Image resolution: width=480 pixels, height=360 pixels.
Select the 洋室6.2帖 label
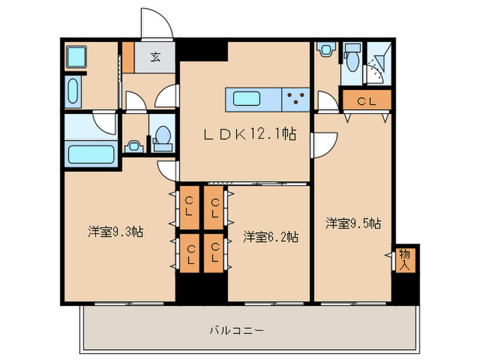click(x=270, y=237)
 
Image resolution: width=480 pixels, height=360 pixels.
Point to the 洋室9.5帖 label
click(x=353, y=224)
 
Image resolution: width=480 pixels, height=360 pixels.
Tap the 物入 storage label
click(x=405, y=259)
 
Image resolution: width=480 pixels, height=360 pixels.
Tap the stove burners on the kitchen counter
click(x=296, y=99)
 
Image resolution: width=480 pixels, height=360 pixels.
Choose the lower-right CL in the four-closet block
click(x=215, y=254)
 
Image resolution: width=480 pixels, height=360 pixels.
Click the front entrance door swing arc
click(x=155, y=24)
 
